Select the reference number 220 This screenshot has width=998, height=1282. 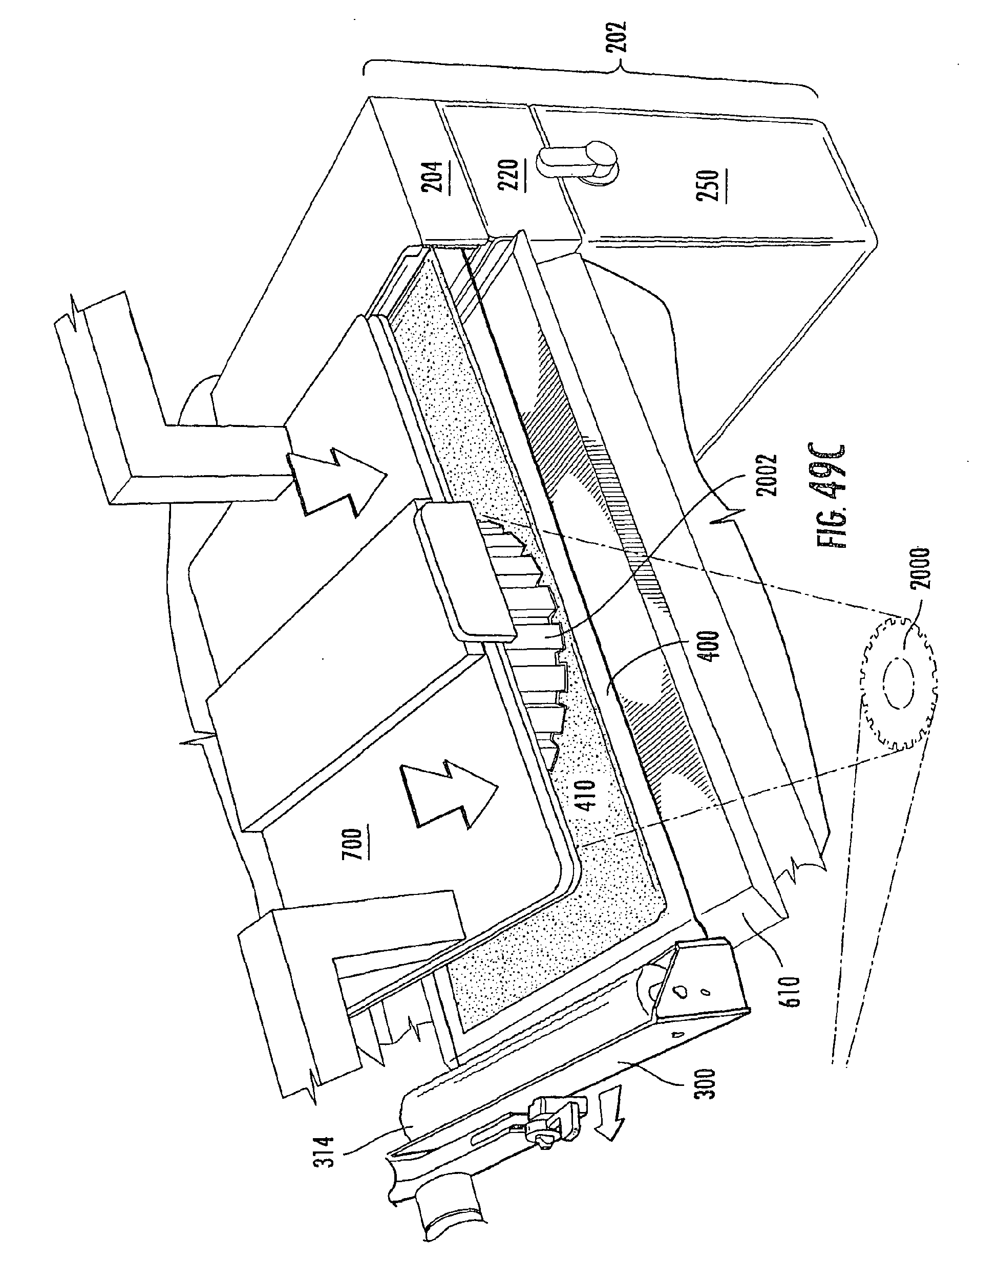coord(511,176)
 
